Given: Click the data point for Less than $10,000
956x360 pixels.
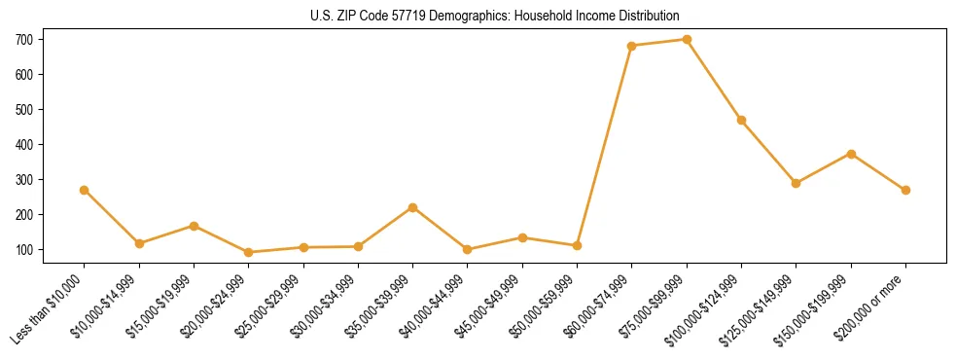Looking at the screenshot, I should [x=85, y=190].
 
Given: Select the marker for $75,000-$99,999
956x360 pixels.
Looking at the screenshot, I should [x=687, y=40].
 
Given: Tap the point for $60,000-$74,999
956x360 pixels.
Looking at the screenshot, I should [x=632, y=46].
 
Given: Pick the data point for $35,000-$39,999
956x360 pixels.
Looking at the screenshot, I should [x=413, y=207].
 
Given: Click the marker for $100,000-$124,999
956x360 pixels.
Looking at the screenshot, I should [x=742, y=121].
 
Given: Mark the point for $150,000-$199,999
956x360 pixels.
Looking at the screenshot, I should [x=851, y=154].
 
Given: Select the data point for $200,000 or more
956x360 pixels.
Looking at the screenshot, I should [x=905, y=190].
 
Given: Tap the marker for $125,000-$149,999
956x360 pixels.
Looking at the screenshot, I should [x=797, y=183].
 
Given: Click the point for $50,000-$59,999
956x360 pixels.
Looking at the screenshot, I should [x=578, y=245].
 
